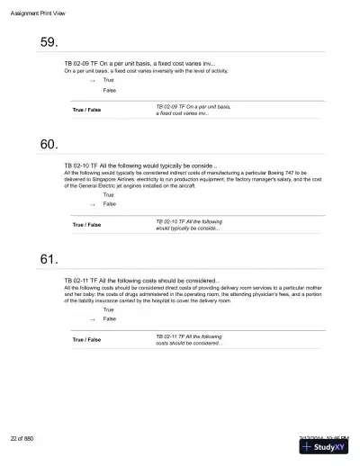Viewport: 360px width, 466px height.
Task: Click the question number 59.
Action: click(x=49, y=42)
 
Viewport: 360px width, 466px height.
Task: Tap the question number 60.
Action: click(x=49, y=144)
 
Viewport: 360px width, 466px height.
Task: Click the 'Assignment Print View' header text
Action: click(x=40, y=12)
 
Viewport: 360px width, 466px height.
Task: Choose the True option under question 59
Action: click(x=109, y=80)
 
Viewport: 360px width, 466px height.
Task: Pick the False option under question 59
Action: click(x=110, y=90)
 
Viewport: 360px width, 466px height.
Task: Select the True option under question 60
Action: click(x=109, y=194)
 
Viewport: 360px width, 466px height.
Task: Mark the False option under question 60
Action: click(x=110, y=204)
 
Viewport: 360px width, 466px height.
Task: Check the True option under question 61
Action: click(x=109, y=309)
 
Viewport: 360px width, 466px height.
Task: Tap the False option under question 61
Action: click(x=110, y=318)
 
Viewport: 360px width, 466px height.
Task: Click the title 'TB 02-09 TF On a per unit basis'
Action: click(x=139, y=63)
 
